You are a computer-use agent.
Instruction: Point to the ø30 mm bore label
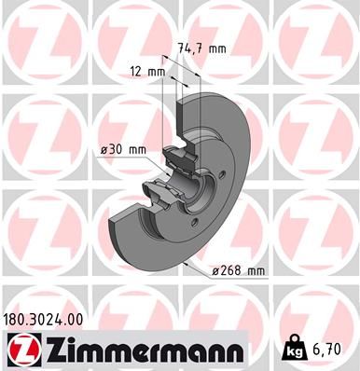point(122,149)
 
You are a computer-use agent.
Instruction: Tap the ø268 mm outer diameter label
point(238,270)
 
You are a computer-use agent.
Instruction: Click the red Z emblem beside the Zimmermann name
point(20,349)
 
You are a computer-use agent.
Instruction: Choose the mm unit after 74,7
point(216,50)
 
